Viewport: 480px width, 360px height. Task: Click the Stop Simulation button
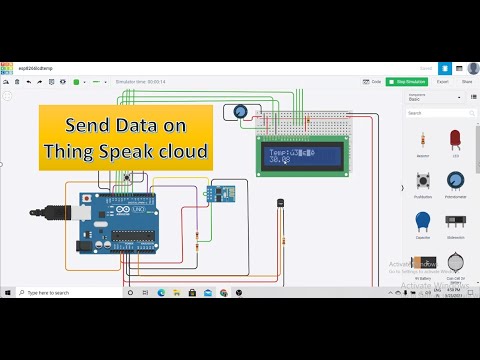click(412, 81)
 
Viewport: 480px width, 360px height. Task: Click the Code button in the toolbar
click(373, 81)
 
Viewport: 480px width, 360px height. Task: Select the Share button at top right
click(466, 81)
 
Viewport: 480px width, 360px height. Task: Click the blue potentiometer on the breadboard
click(240, 113)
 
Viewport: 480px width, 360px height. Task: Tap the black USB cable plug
click(45, 213)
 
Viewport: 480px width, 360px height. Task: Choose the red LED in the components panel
click(456, 138)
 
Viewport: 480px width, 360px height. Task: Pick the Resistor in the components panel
click(423, 140)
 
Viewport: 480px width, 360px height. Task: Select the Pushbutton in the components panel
click(423, 181)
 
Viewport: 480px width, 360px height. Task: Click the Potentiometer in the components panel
click(456, 181)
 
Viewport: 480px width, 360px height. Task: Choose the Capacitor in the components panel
click(423, 220)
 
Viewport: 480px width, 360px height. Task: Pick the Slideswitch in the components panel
click(456, 220)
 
